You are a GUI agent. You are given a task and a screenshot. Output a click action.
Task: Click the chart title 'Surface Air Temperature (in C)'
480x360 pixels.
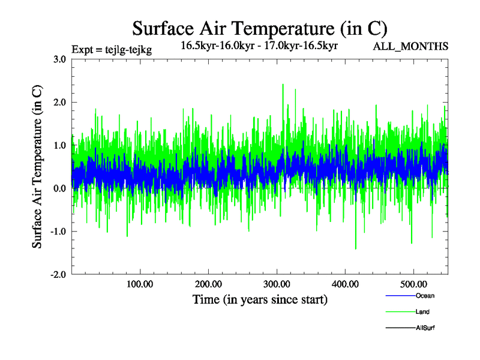coord(259,28)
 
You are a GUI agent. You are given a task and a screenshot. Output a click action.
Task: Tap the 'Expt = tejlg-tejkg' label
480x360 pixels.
coord(111,50)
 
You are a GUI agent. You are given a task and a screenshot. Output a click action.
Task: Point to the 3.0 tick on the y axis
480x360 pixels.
coord(59,59)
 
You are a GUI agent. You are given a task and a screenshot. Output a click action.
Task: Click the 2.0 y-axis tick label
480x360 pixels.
coord(59,102)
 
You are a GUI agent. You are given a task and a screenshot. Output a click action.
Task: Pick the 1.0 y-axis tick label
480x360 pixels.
coord(59,145)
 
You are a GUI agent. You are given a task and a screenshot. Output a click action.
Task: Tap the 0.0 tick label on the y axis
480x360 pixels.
coord(59,188)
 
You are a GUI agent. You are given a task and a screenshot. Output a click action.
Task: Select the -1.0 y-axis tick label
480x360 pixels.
coord(58,232)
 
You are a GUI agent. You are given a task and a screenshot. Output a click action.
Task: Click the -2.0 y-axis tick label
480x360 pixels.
coord(58,275)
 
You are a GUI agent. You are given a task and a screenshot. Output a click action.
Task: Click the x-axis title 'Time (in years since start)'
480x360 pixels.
coord(260,299)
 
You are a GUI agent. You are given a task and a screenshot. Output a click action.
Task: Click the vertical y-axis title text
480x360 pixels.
coord(37,167)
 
